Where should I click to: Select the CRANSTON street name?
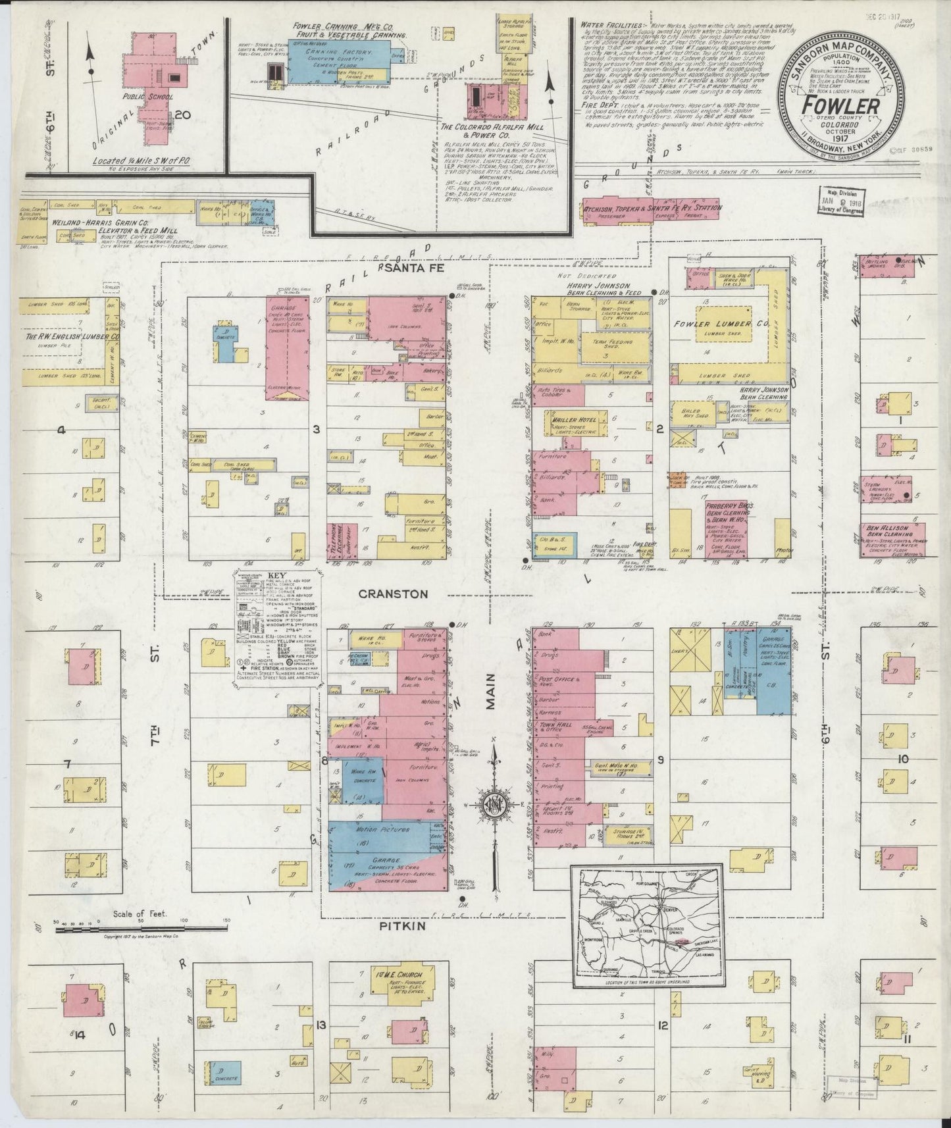[393, 594]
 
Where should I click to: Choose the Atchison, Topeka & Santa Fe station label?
[652, 208]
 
